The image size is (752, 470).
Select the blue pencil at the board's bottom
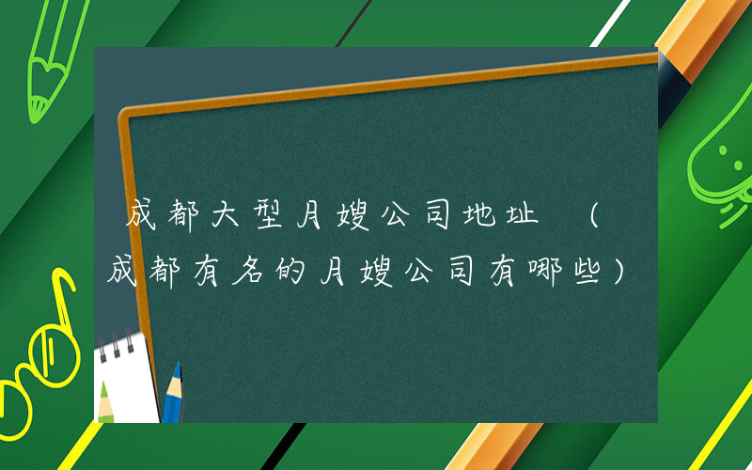tap(172, 395)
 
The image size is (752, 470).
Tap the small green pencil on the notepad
tap(104, 402)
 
